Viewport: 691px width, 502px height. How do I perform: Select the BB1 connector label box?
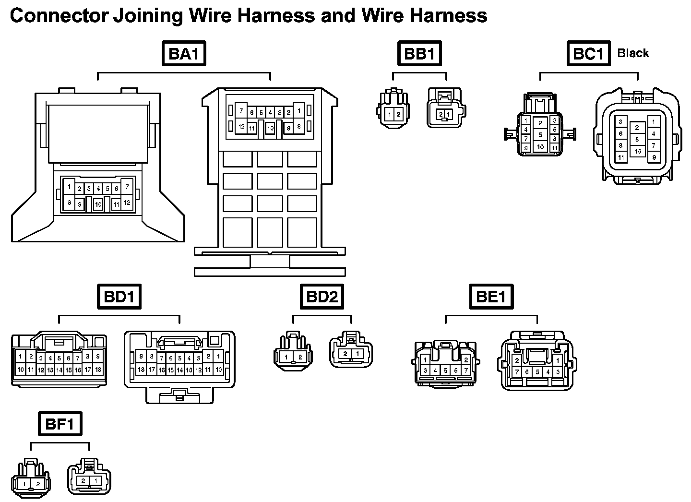point(419,54)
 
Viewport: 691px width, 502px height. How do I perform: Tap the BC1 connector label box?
point(588,54)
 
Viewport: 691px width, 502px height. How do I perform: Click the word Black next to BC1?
point(633,53)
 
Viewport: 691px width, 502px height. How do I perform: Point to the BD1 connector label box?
point(119,297)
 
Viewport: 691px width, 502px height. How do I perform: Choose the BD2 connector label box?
point(322,297)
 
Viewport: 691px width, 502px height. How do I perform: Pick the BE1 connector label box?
point(491,297)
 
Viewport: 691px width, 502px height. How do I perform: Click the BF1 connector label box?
point(60,424)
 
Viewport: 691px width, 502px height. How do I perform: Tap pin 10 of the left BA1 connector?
point(98,204)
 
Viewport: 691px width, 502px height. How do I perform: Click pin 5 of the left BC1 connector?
point(540,135)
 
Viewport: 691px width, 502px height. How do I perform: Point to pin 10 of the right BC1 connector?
point(637,151)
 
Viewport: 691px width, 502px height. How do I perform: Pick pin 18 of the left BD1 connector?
point(98,370)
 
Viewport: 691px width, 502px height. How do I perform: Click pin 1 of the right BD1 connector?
point(219,357)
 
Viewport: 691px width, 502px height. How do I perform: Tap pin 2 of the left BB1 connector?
point(398,115)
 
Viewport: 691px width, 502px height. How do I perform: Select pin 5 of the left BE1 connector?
point(446,371)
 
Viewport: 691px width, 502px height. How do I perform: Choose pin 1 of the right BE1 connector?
point(558,360)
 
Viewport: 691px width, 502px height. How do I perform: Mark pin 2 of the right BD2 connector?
point(345,354)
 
